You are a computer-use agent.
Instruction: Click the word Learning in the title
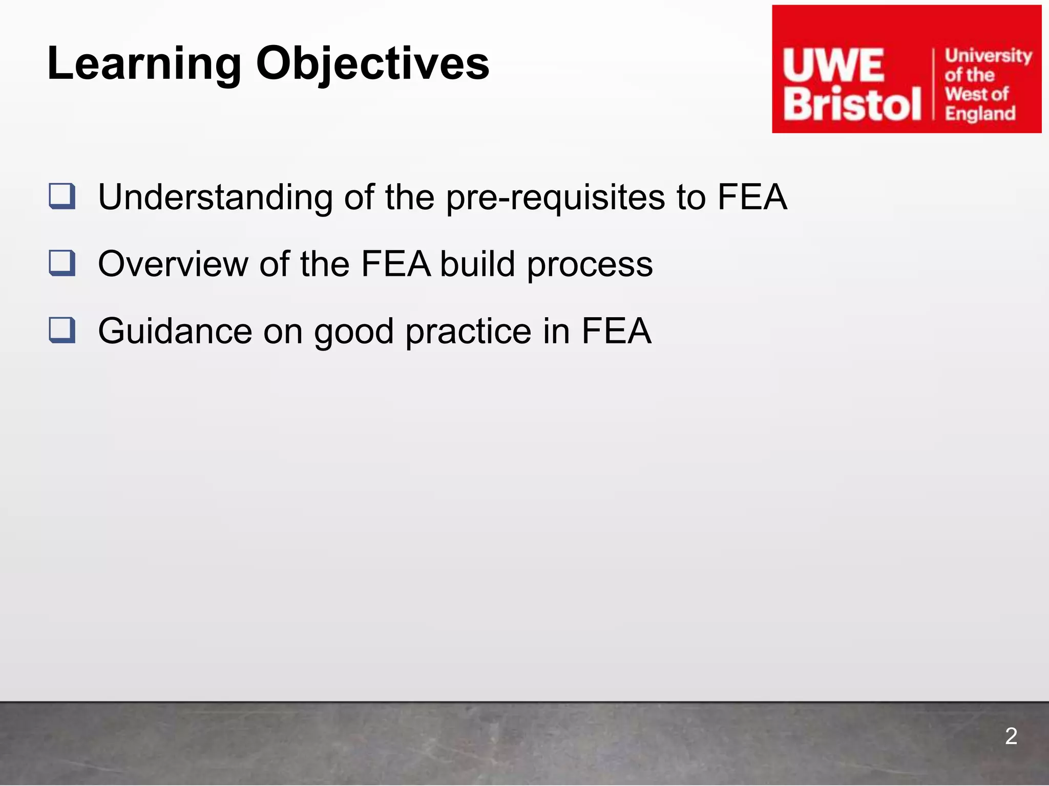click(144, 64)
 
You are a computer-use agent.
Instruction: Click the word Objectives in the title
click(372, 64)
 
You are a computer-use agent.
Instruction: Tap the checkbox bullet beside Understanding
click(62, 196)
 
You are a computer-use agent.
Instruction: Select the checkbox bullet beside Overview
click(62, 264)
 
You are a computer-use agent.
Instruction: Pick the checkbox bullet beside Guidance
click(62, 331)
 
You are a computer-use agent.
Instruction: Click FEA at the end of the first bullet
click(752, 196)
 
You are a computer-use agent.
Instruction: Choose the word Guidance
click(175, 331)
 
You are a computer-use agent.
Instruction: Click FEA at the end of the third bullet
click(616, 331)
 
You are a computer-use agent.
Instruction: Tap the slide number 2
click(1011, 736)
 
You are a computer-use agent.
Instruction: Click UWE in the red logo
click(833, 66)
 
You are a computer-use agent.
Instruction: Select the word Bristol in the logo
click(852, 104)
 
